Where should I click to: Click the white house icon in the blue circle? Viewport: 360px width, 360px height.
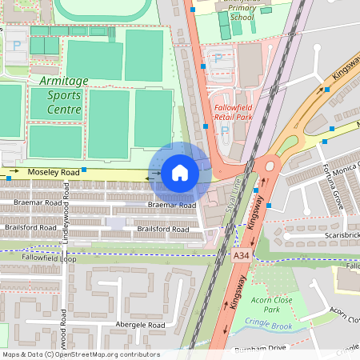point(180,173)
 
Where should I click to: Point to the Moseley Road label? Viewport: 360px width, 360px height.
point(54,172)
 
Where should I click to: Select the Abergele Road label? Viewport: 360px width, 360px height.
point(140,326)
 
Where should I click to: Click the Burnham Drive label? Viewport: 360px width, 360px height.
point(260,349)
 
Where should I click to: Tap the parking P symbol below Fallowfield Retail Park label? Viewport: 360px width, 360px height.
point(223,130)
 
